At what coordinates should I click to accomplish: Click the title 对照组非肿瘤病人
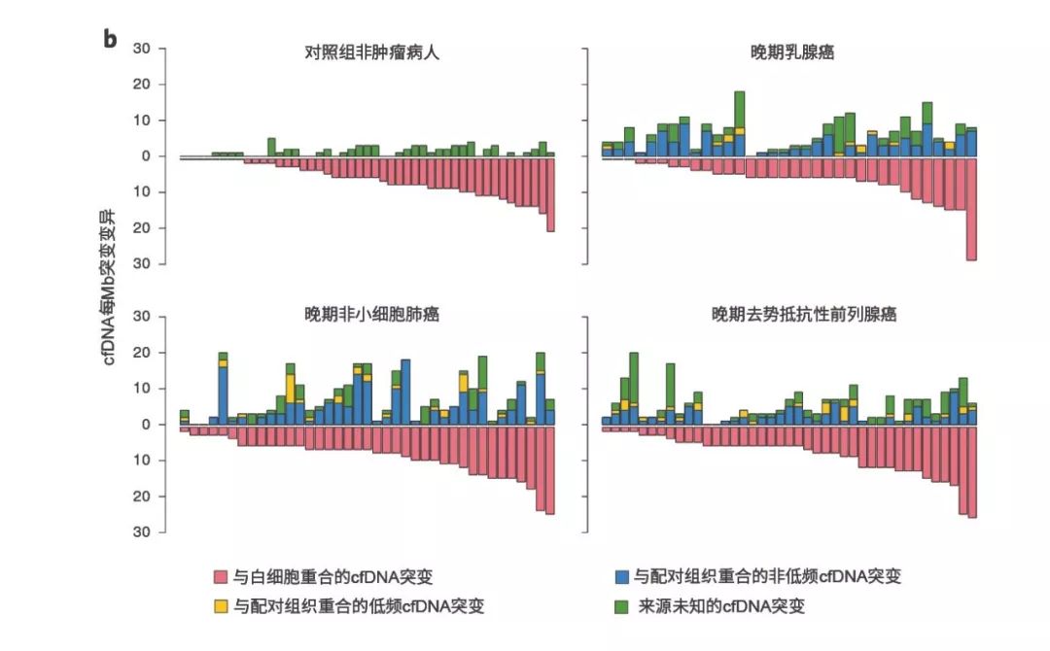point(372,53)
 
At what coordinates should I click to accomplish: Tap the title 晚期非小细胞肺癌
point(372,315)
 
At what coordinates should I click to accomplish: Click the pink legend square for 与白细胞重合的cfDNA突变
point(221,576)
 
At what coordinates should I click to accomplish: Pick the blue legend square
point(621,576)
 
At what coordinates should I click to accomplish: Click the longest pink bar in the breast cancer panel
point(971,209)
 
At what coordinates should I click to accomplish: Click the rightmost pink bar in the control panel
point(550,194)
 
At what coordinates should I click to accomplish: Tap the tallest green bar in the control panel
point(271,145)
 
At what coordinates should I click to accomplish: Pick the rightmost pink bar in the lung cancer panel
point(550,470)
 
